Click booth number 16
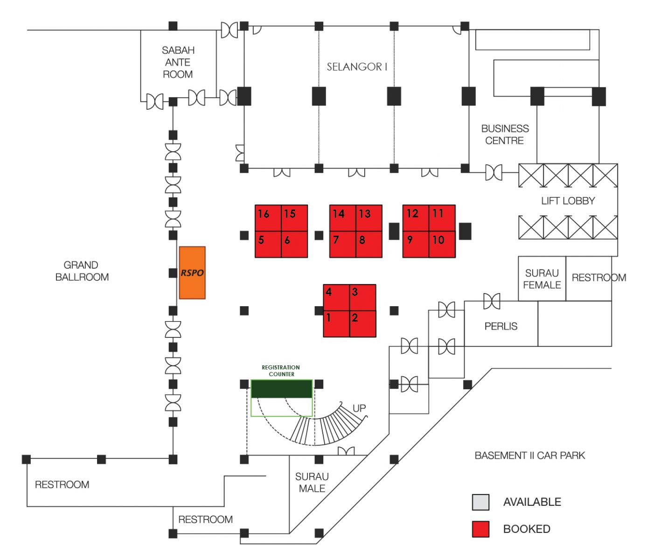268,218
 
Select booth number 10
442,245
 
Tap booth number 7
343,245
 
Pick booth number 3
363,297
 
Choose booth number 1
337,324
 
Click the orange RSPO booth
192,273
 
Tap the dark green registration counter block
282,389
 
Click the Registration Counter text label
281,371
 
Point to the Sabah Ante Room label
178,62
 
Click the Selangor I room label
357,67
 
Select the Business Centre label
505,134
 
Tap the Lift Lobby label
568,201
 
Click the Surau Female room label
542,279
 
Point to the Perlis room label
500,326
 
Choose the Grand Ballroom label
82,271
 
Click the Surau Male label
312,483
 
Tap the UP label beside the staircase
359,408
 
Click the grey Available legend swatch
481,502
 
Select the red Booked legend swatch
481,529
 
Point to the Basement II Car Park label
530,455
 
